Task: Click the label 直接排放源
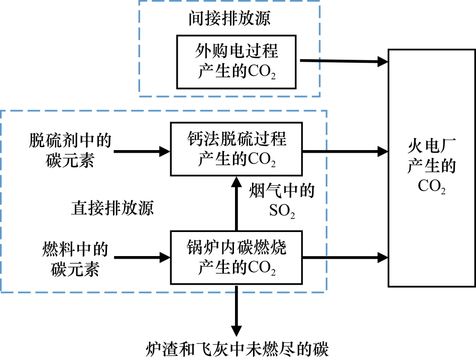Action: coord(111,208)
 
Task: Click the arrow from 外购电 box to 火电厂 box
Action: coord(344,61)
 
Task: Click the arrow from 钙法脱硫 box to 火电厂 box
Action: coord(346,150)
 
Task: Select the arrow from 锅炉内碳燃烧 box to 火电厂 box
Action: coord(346,258)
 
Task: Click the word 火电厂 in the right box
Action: coord(431,149)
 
